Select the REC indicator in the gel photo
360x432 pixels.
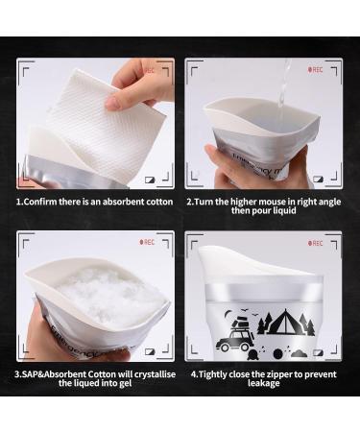[x=148, y=243]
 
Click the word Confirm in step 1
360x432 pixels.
[x=39, y=203]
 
